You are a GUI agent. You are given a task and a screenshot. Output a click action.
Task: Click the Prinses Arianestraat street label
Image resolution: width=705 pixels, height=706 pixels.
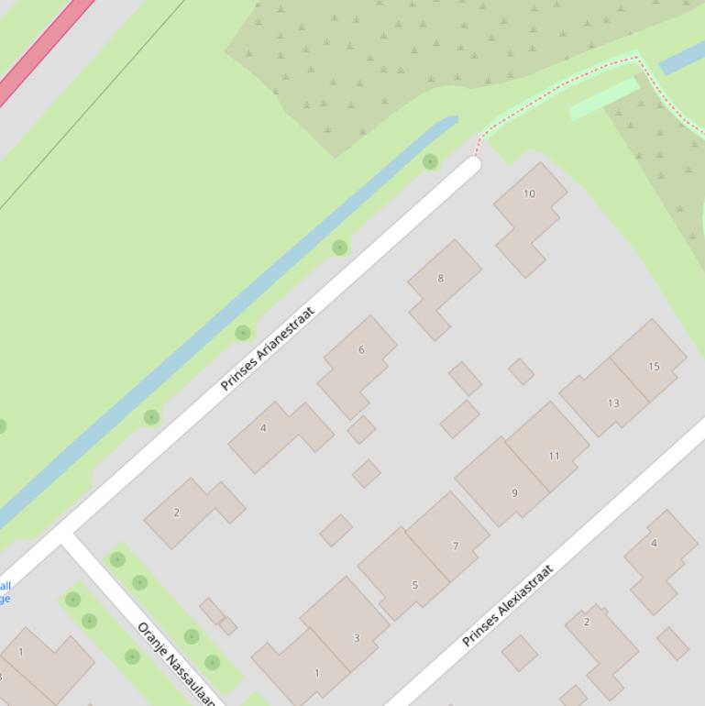[x=268, y=348]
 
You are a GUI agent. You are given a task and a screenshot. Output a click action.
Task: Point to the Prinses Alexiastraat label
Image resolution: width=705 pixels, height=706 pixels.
[x=509, y=605]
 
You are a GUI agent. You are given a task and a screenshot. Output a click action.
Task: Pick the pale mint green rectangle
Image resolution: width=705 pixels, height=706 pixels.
[x=604, y=98]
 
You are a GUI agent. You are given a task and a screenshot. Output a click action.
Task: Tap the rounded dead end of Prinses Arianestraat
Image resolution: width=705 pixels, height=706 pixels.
[x=472, y=165]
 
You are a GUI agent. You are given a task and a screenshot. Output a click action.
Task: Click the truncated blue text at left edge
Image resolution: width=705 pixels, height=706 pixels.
[x=6, y=592]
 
